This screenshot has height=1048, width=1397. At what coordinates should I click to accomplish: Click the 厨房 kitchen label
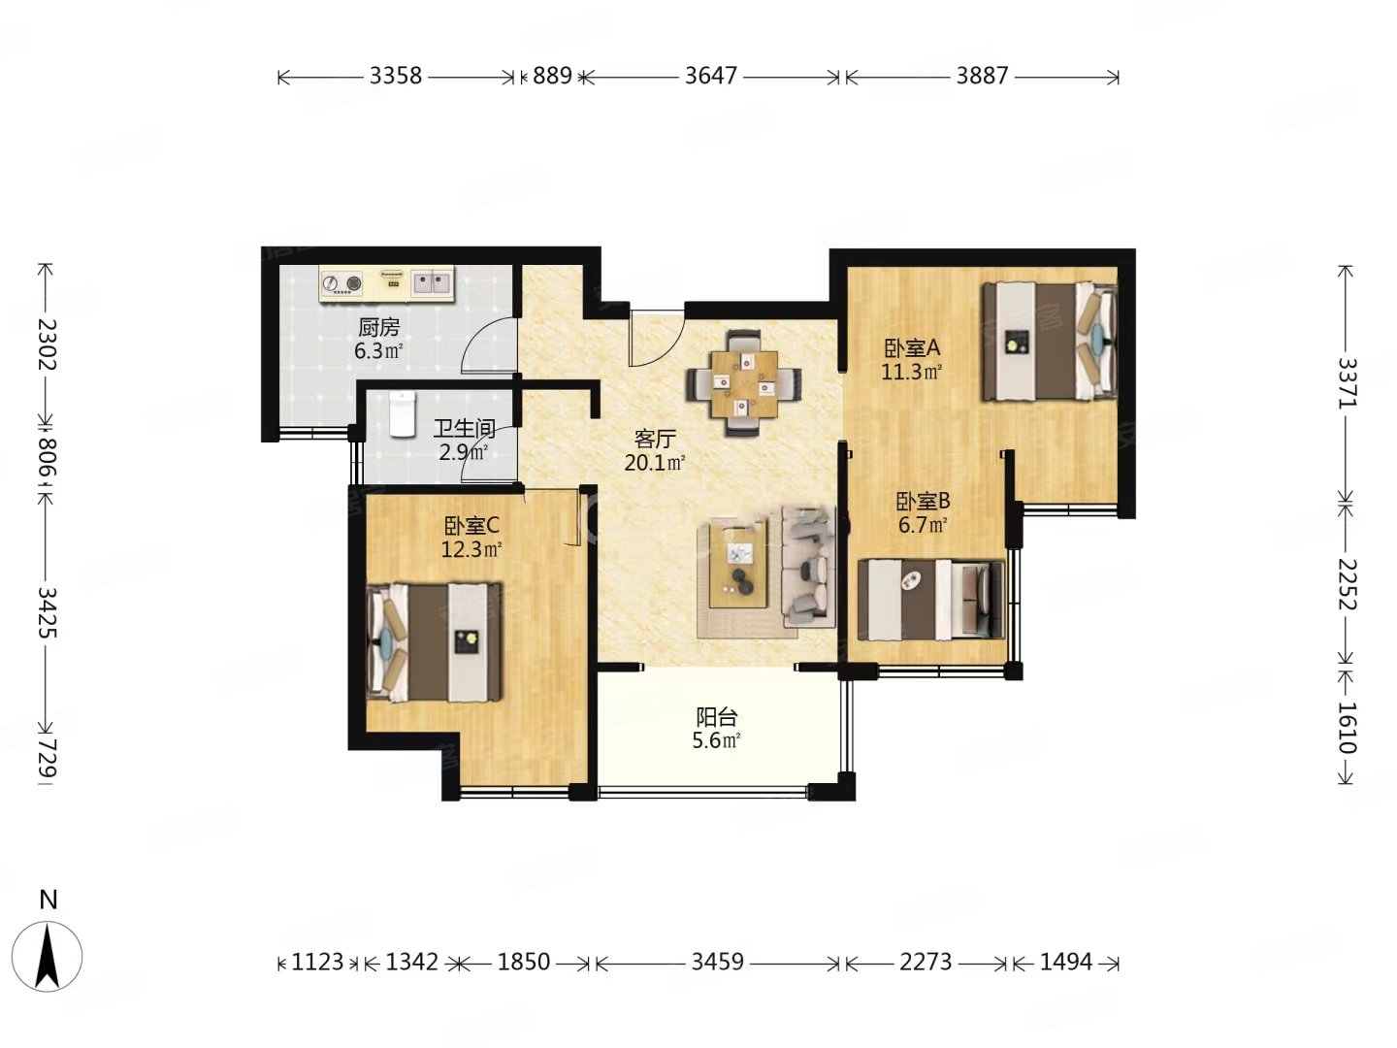coord(378,328)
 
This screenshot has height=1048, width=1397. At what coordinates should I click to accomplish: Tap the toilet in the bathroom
coord(401,414)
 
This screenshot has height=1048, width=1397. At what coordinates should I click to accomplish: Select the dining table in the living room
coord(743,382)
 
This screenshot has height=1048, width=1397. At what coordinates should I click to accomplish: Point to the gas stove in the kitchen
coord(341,282)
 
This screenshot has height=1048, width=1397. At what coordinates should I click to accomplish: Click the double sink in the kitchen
coord(432,281)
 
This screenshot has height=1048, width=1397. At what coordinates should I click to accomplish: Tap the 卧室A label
coord(911,348)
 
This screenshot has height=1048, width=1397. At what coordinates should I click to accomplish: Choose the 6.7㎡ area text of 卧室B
coord(923,526)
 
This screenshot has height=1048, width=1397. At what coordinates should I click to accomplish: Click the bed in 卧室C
coord(434,642)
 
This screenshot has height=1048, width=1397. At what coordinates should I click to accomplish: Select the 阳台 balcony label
coord(716,717)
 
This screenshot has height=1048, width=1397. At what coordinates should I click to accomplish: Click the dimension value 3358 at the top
coord(395,76)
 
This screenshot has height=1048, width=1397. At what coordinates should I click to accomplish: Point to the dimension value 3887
coord(982,76)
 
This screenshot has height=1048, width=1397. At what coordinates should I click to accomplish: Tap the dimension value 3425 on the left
coord(48,612)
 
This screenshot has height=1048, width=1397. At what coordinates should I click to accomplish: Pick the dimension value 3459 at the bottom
coord(717,962)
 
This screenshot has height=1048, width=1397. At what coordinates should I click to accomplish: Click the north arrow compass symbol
coord(48,956)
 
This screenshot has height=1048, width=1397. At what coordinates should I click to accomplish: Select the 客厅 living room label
coord(654,439)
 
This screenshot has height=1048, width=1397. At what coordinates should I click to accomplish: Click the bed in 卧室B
coord(930,600)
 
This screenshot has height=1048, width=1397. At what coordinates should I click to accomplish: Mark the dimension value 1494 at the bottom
coord(1066,962)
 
